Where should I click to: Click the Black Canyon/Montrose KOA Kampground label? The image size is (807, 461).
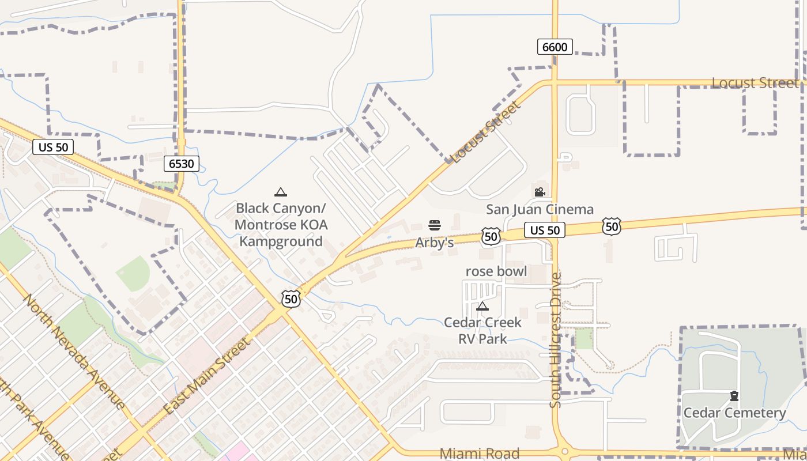281,224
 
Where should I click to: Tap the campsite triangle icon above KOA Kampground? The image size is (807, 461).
281,192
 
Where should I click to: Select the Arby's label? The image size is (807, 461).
434,243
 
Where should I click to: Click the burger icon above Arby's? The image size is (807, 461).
435,225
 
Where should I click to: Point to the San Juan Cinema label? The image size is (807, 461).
540,209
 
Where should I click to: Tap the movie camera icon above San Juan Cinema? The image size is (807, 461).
540,192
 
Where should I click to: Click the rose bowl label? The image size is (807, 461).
496,271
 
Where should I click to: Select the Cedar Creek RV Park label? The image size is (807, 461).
482,330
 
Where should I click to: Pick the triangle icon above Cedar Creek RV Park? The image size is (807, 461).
482,305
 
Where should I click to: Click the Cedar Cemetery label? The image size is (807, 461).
734,413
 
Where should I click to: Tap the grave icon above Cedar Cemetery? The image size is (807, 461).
734,396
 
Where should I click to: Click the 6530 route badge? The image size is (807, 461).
182,164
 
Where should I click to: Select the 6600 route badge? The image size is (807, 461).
555,47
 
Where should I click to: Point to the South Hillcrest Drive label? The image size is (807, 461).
556,340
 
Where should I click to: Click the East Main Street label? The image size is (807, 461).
208,376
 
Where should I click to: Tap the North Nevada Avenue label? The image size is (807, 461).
74,352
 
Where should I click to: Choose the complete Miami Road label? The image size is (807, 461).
479,454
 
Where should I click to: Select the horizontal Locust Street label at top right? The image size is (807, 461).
755,83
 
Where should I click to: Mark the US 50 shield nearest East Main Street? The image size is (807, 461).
291,298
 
